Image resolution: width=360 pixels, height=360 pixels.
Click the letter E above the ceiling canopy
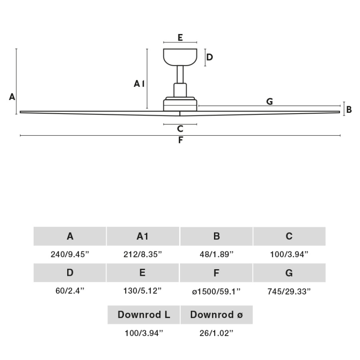coord(180,37)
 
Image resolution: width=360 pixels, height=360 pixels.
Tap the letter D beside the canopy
coord(209,57)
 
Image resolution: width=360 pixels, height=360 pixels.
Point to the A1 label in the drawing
coord(139,84)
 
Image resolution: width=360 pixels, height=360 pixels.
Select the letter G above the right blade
coord(270,101)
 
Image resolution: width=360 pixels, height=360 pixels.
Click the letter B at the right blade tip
coord(349,109)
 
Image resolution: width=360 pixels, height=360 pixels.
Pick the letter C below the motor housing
coord(180,129)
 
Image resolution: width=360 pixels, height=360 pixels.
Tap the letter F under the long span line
coord(180,140)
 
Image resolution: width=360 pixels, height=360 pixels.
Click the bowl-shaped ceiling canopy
coord(180,57)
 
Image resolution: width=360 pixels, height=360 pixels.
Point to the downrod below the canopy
coord(180,75)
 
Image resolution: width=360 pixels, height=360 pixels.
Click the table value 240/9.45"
coord(70,255)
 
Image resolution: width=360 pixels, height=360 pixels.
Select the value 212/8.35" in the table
coord(143,255)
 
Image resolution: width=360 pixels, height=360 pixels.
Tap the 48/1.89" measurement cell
coord(216,255)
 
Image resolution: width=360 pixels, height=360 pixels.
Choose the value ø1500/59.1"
coord(216,292)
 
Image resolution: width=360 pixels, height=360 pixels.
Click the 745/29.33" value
coord(289,292)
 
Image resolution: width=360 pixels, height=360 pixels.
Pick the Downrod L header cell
coord(144,315)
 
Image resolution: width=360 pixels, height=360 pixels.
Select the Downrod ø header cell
coord(216,315)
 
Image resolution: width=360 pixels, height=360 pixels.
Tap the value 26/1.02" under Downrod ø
coord(216,333)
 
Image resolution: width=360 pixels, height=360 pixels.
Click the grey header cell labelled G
coord(289,273)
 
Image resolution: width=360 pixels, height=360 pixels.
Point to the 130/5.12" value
coord(143,292)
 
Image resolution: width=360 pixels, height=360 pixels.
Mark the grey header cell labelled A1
coord(143,236)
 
